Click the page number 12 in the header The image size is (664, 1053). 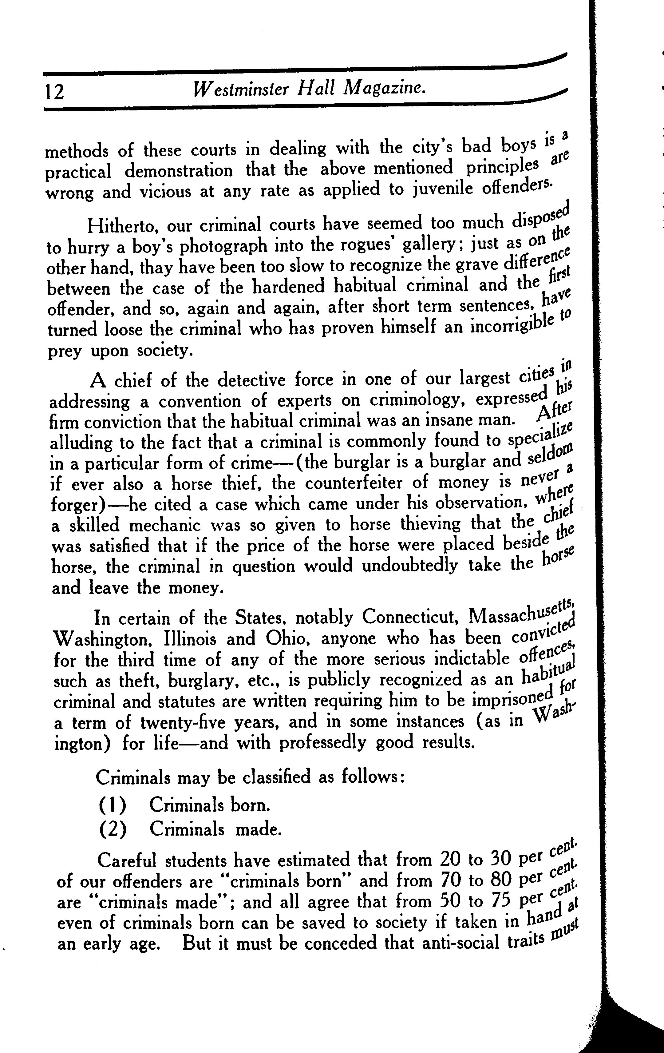(54, 92)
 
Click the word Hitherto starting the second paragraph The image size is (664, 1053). (122, 226)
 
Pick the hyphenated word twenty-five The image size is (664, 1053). (183, 722)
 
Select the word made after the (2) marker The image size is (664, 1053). (258, 829)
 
